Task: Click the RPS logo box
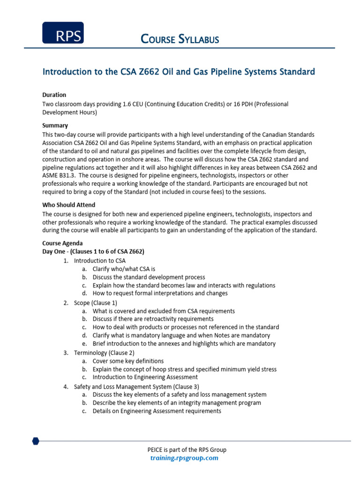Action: [x=63, y=33]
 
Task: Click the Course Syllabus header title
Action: [x=180, y=39]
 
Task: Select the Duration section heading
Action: [x=54, y=95]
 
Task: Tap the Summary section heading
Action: [x=55, y=126]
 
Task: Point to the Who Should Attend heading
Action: [x=69, y=205]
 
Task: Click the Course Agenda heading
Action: [x=62, y=243]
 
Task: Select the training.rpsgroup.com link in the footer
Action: [x=184, y=458]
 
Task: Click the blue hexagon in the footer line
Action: [x=36, y=441]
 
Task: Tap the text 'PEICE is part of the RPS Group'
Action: [x=187, y=450]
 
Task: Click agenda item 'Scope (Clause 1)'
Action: [x=96, y=303]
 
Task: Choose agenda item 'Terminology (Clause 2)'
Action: [x=104, y=352]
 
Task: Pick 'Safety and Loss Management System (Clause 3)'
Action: [x=136, y=387]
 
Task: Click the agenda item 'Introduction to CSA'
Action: [x=100, y=261]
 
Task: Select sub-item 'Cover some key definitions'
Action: [x=128, y=361]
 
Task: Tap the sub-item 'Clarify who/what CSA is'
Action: [x=124, y=269]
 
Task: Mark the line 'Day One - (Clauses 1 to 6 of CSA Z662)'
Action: [x=93, y=252]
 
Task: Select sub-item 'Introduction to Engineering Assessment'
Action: [x=145, y=377]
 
